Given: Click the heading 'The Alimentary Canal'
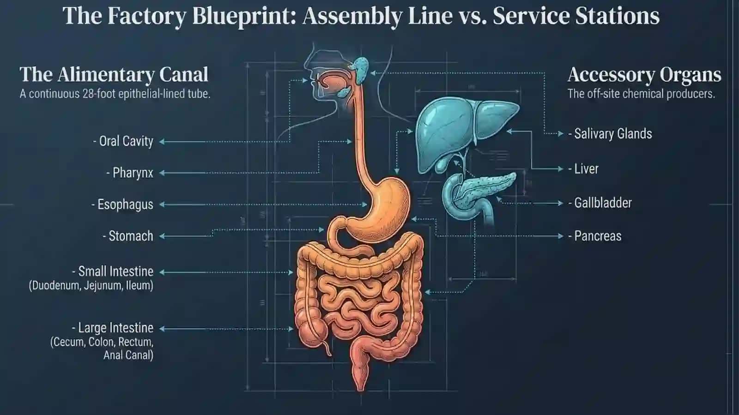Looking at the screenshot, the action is [x=114, y=74].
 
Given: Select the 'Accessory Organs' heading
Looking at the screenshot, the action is [x=644, y=75].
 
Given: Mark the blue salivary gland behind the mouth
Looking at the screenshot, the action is [x=362, y=70].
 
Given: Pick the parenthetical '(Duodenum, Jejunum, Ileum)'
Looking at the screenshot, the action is [x=91, y=285].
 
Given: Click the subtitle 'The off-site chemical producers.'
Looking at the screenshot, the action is [x=642, y=94].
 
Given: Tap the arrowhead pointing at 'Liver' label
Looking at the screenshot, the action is [x=561, y=169].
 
